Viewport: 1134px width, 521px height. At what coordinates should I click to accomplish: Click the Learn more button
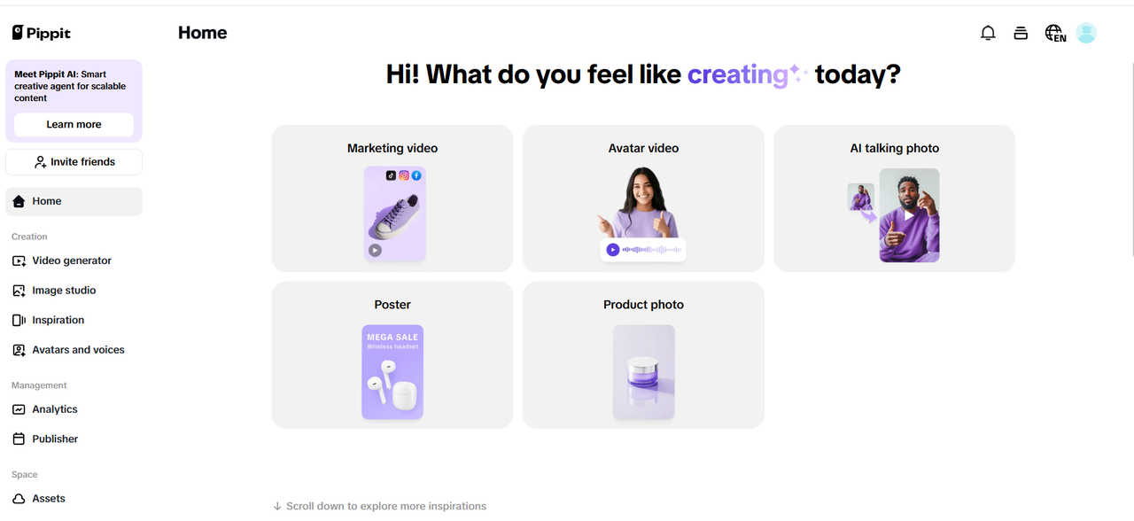[x=74, y=125]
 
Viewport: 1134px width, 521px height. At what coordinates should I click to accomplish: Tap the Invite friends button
[x=74, y=162]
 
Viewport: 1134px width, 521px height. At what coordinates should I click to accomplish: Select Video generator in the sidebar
[x=71, y=260]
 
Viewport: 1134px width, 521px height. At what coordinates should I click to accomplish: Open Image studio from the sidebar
[x=63, y=291]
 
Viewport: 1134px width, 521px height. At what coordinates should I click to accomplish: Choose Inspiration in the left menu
[x=58, y=320]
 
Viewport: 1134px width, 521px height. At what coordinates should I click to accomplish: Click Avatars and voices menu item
[x=77, y=350]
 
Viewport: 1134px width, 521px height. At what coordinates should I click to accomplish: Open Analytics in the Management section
[x=54, y=409]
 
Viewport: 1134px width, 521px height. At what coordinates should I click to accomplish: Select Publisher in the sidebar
[x=54, y=439]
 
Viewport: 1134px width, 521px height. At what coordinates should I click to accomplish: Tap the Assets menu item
[x=48, y=499]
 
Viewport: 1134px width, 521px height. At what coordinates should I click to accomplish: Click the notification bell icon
[x=988, y=33]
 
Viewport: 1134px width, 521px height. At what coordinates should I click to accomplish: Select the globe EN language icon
[x=1054, y=34]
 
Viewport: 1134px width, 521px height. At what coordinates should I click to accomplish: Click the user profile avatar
[x=1086, y=33]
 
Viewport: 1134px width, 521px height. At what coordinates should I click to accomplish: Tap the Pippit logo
[x=42, y=33]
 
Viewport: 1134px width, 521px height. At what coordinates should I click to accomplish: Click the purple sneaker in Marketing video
[x=393, y=217]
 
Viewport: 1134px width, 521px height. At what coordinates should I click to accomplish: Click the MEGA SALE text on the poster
[x=392, y=337]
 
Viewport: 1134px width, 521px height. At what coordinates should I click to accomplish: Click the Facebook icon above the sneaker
[x=416, y=175]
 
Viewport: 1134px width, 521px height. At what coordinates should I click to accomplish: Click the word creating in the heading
[x=737, y=74]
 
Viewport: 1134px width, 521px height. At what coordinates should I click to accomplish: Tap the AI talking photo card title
[x=894, y=149]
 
